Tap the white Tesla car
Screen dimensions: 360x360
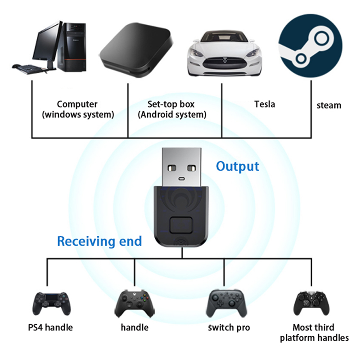(222, 55)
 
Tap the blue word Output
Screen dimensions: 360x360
(238, 166)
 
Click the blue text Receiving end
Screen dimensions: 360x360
(99, 241)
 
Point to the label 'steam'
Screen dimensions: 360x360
(328, 106)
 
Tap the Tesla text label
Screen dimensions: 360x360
(265, 104)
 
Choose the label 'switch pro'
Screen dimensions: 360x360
(229, 328)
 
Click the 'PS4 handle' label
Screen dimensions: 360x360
(52, 328)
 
